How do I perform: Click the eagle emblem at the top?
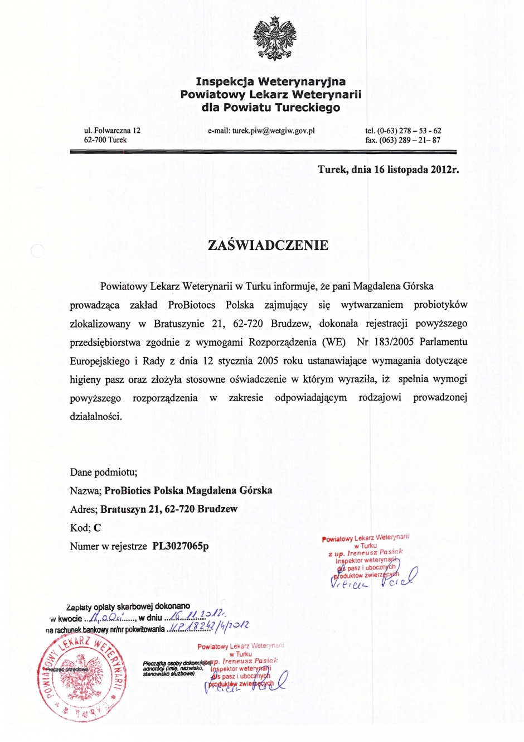tap(274, 38)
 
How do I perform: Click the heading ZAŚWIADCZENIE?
tap(268, 245)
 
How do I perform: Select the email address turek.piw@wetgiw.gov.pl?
tap(261, 131)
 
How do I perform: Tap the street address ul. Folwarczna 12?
tap(112, 131)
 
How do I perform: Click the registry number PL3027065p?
tap(181, 546)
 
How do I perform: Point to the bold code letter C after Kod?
tap(98, 528)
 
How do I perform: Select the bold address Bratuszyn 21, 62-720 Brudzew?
tap(169, 509)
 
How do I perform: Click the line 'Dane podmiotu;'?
tap(104, 472)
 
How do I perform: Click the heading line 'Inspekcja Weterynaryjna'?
tap(270, 82)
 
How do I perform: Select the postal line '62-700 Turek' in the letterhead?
tap(105, 140)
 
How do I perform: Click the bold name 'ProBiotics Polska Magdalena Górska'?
tap(188, 490)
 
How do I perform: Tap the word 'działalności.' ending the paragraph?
tap(96, 416)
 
